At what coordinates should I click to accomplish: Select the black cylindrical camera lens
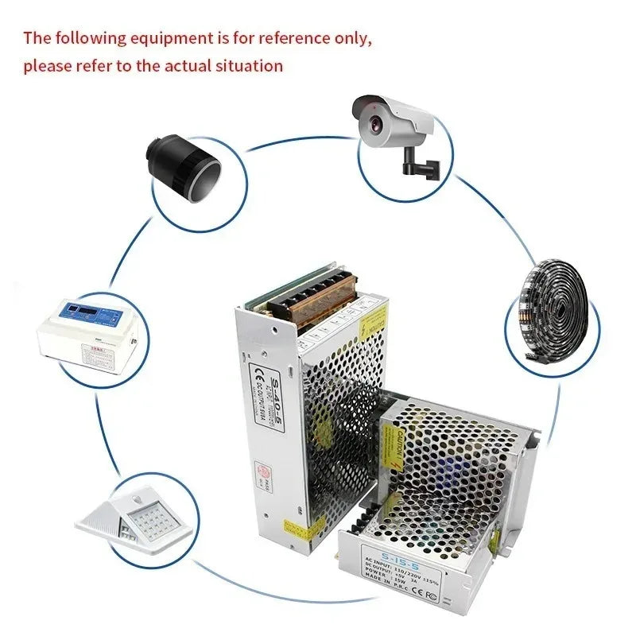(182, 165)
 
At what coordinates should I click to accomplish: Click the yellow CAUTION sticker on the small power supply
(392, 439)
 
